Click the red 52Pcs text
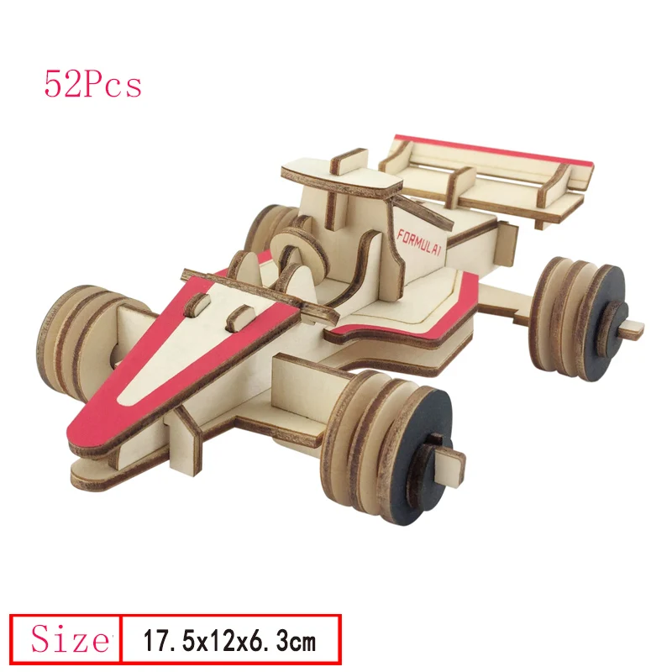pos(92,85)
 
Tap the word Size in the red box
pos(70,639)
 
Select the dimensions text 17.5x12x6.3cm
pos(229,641)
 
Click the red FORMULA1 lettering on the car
pos(418,243)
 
